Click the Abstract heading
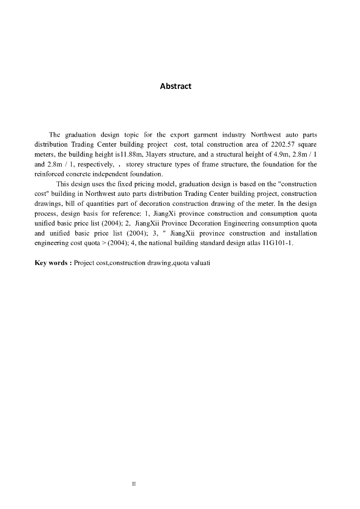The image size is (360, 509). (x=176, y=86)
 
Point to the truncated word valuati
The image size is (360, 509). (x=201, y=262)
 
